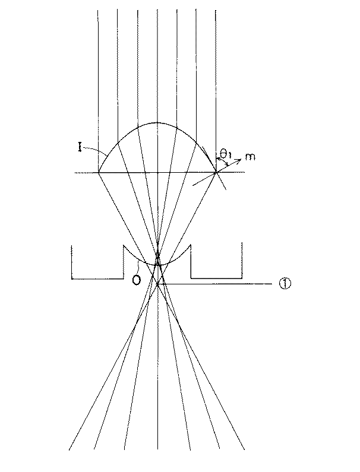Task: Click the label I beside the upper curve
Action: point(80,148)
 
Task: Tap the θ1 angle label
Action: point(225,155)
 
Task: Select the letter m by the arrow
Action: point(250,156)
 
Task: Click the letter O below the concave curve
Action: point(137,280)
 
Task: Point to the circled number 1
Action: point(285,284)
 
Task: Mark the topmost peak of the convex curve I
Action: point(157,122)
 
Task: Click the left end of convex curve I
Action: point(98,172)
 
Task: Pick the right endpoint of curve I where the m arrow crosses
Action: point(216,172)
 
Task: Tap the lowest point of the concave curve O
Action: point(157,265)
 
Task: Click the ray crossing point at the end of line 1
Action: point(157,284)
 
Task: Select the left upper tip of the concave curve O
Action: point(124,245)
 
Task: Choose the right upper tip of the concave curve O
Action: point(191,245)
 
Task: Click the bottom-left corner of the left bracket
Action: point(72,278)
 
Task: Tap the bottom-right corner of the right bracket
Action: point(242,278)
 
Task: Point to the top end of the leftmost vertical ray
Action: point(97,10)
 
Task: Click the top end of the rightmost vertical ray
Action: point(216,10)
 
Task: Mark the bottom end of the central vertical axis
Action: point(157,449)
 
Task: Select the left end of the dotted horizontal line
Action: point(75,173)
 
